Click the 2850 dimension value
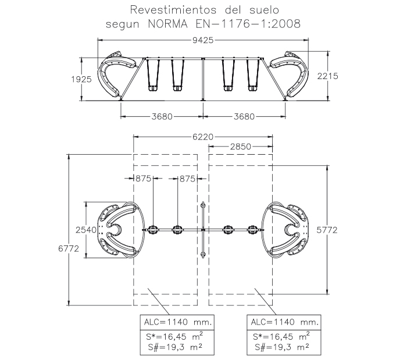point(240,147)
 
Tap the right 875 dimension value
point(187,179)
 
